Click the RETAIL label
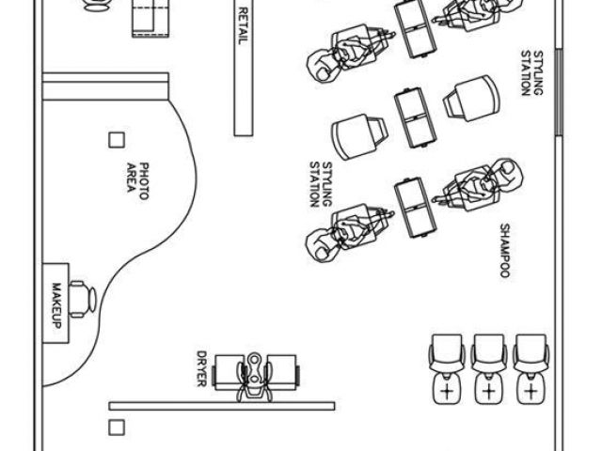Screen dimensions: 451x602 coord(243,26)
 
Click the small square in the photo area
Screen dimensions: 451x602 coord(117,140)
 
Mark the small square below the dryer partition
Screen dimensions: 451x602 coord(117,428)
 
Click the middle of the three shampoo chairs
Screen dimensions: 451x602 coord(488,367)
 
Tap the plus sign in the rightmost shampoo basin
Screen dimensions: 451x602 coord(532,389)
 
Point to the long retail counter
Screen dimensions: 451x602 coord(243,66)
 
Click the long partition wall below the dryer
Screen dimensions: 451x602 coord(222,406)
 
